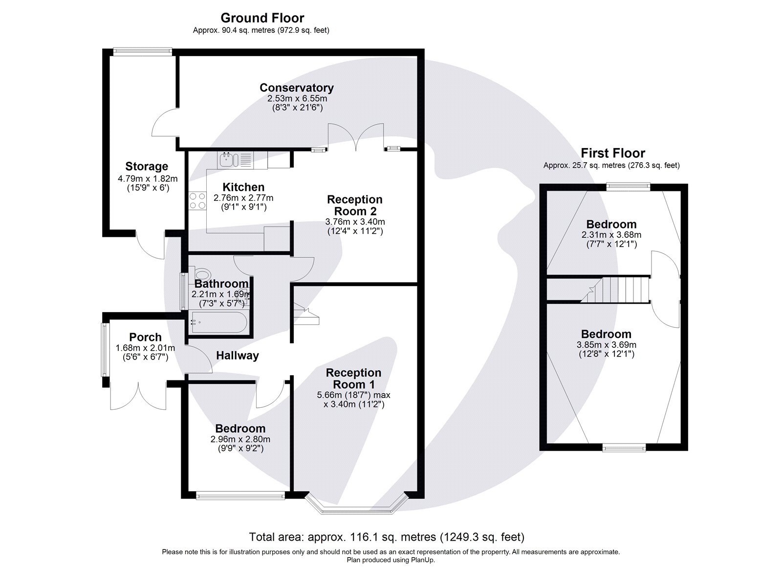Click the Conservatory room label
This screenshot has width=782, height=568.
tap(296, 88)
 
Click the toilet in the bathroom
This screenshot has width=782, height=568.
tap(201, 274)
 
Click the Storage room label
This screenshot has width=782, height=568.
tap(147, 167)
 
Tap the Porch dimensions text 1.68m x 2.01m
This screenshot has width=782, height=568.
tap(145, 348)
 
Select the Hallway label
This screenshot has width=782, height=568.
tap(238, 356)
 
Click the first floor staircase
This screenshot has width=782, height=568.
tap(616, 290)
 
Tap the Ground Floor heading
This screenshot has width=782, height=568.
tap(262, 18)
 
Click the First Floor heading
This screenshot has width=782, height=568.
tap(612, 153)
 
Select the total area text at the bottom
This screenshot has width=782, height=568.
tap(387, 537)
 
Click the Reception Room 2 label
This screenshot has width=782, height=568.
tap(354, 206)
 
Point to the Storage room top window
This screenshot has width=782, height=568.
tap(142, 49)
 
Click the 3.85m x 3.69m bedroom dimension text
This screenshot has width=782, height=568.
tap(606, 345)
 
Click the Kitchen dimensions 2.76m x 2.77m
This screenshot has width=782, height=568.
tap(243, 198)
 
